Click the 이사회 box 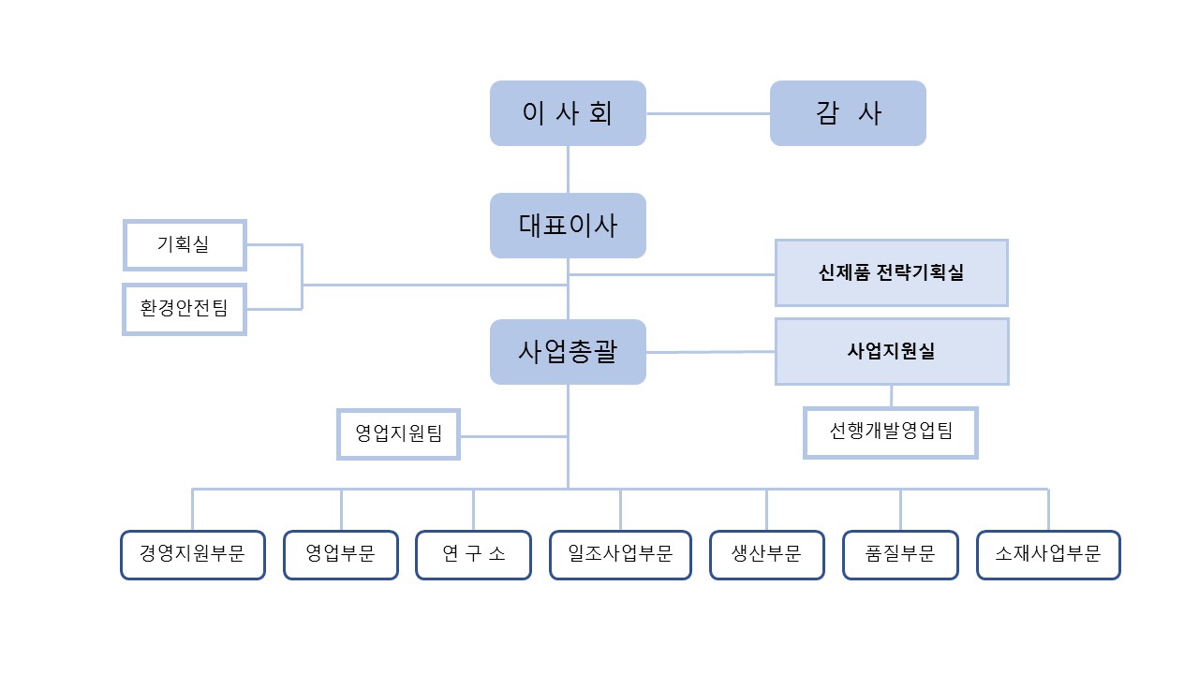point(568,113)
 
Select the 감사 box point(848,113)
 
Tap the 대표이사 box point(568,226)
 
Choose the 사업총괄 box point(568,352)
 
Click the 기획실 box point(185,245)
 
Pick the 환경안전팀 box point(185,309)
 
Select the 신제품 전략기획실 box point(891,272)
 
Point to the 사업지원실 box point(891,351)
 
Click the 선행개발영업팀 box point(891,432)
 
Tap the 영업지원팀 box point(398,433)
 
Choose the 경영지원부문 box point(192,554)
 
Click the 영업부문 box point(341,554)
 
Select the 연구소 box point(474,554)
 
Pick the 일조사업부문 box point(620,554)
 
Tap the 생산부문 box point(766,554)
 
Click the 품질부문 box point(901,554)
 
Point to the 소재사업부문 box point(1048,554)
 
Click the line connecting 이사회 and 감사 point(708,113)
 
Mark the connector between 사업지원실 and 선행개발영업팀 point(891,396)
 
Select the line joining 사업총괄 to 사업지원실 point(710,352)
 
